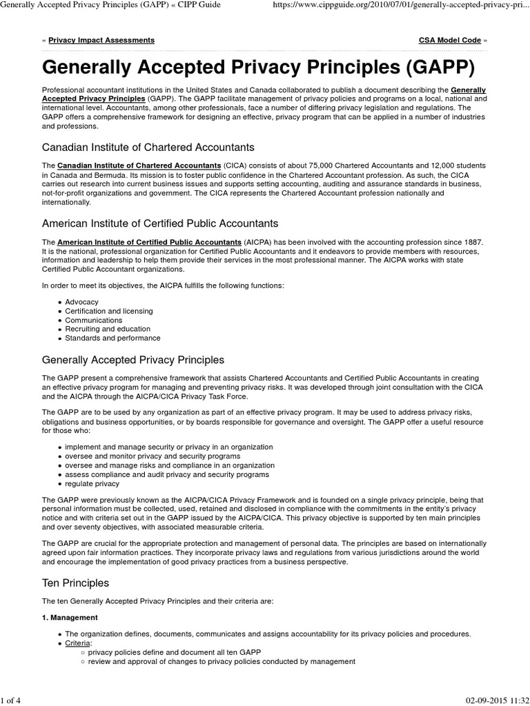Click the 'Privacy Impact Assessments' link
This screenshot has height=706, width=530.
(101, 41)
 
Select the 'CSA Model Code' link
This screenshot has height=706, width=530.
(449, 41)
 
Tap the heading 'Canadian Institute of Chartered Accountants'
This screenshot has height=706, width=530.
(148, 147)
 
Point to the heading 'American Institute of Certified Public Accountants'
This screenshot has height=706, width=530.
(160, 223)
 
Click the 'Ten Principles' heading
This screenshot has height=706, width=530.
(75, 583)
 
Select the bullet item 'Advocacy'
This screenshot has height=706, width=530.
(81, 302)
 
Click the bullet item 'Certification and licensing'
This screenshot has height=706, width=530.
(109, 311)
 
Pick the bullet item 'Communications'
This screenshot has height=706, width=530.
(94, 320)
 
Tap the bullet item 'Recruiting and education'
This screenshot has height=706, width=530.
(107, 329)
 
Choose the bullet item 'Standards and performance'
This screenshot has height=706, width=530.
(112, 338)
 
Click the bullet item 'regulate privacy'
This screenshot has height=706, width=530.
(92, 483)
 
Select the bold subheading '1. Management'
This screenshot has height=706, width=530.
(70, 617)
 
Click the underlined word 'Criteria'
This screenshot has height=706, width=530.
(77, 643)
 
